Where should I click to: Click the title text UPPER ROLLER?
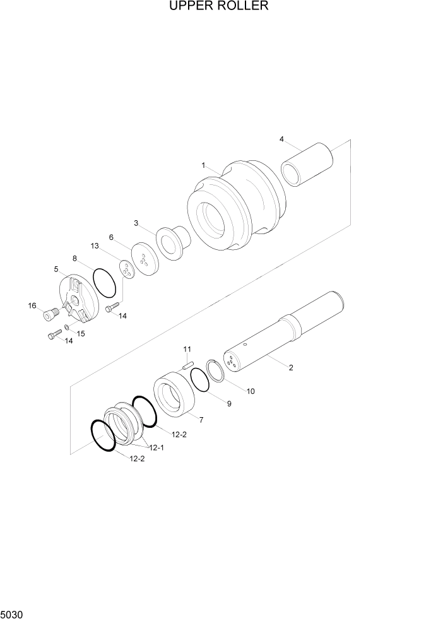tap(219, 6)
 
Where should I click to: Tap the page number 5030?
tap(11, 614)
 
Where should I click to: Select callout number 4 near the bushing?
tap(281, 139)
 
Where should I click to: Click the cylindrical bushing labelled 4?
tap(307, 164)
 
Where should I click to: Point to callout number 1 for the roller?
tap(204, 165)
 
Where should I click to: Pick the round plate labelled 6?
tap(145, 259)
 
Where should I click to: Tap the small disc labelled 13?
tap(127, 269)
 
